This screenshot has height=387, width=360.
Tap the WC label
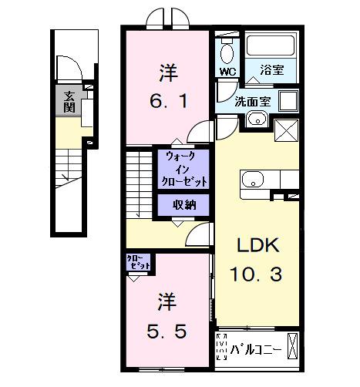point(227,72)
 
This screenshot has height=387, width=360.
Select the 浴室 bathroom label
point(271,70)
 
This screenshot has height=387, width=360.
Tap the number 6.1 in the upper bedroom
point(168,100)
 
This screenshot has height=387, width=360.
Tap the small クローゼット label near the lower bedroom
point(140,261)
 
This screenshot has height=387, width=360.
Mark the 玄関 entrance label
point(69,101)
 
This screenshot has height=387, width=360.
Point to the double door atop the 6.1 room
point(167,17)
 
